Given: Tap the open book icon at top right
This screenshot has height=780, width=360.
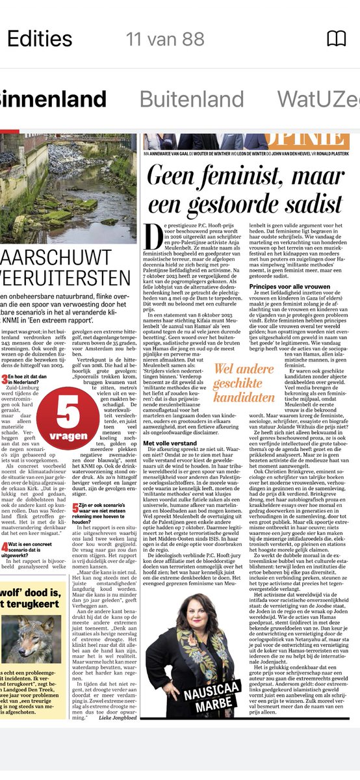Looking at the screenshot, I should (x=335, y=39).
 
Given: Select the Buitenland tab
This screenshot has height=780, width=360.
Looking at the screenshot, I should (x=192, y=99).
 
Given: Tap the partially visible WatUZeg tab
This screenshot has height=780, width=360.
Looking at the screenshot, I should (x=318, y=99).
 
